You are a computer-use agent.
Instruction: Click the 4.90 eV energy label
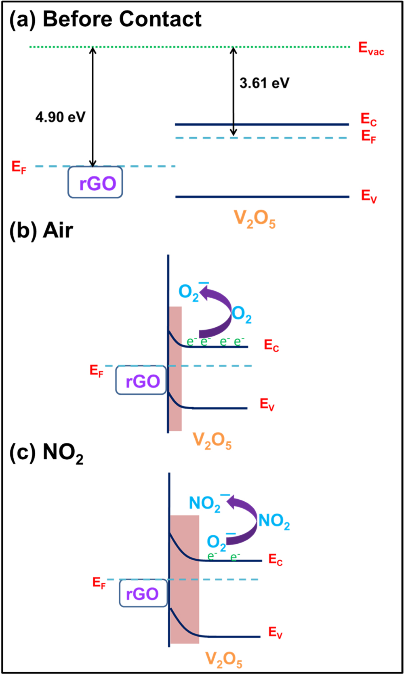[x=61, y=117]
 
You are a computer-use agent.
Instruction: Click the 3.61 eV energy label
[x=264, y=83]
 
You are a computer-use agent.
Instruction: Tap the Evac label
[x=370, y=48]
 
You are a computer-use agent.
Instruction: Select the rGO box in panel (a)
[x=95, y=183]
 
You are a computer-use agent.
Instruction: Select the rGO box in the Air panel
[x=141, y=380]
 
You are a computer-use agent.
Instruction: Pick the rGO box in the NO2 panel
[x=143, y=593]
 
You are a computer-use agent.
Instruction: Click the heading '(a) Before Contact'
[x=105, y=19]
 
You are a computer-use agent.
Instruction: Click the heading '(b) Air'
[x=41, y=231]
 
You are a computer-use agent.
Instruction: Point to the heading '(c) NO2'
[x=46, y=453]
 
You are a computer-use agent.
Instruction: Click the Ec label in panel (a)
[x=368, y=120]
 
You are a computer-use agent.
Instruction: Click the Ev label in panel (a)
[x=368, y=196]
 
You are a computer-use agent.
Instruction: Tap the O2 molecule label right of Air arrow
[x=242, y=314]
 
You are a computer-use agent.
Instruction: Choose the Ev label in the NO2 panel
[x=275, y=632]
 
